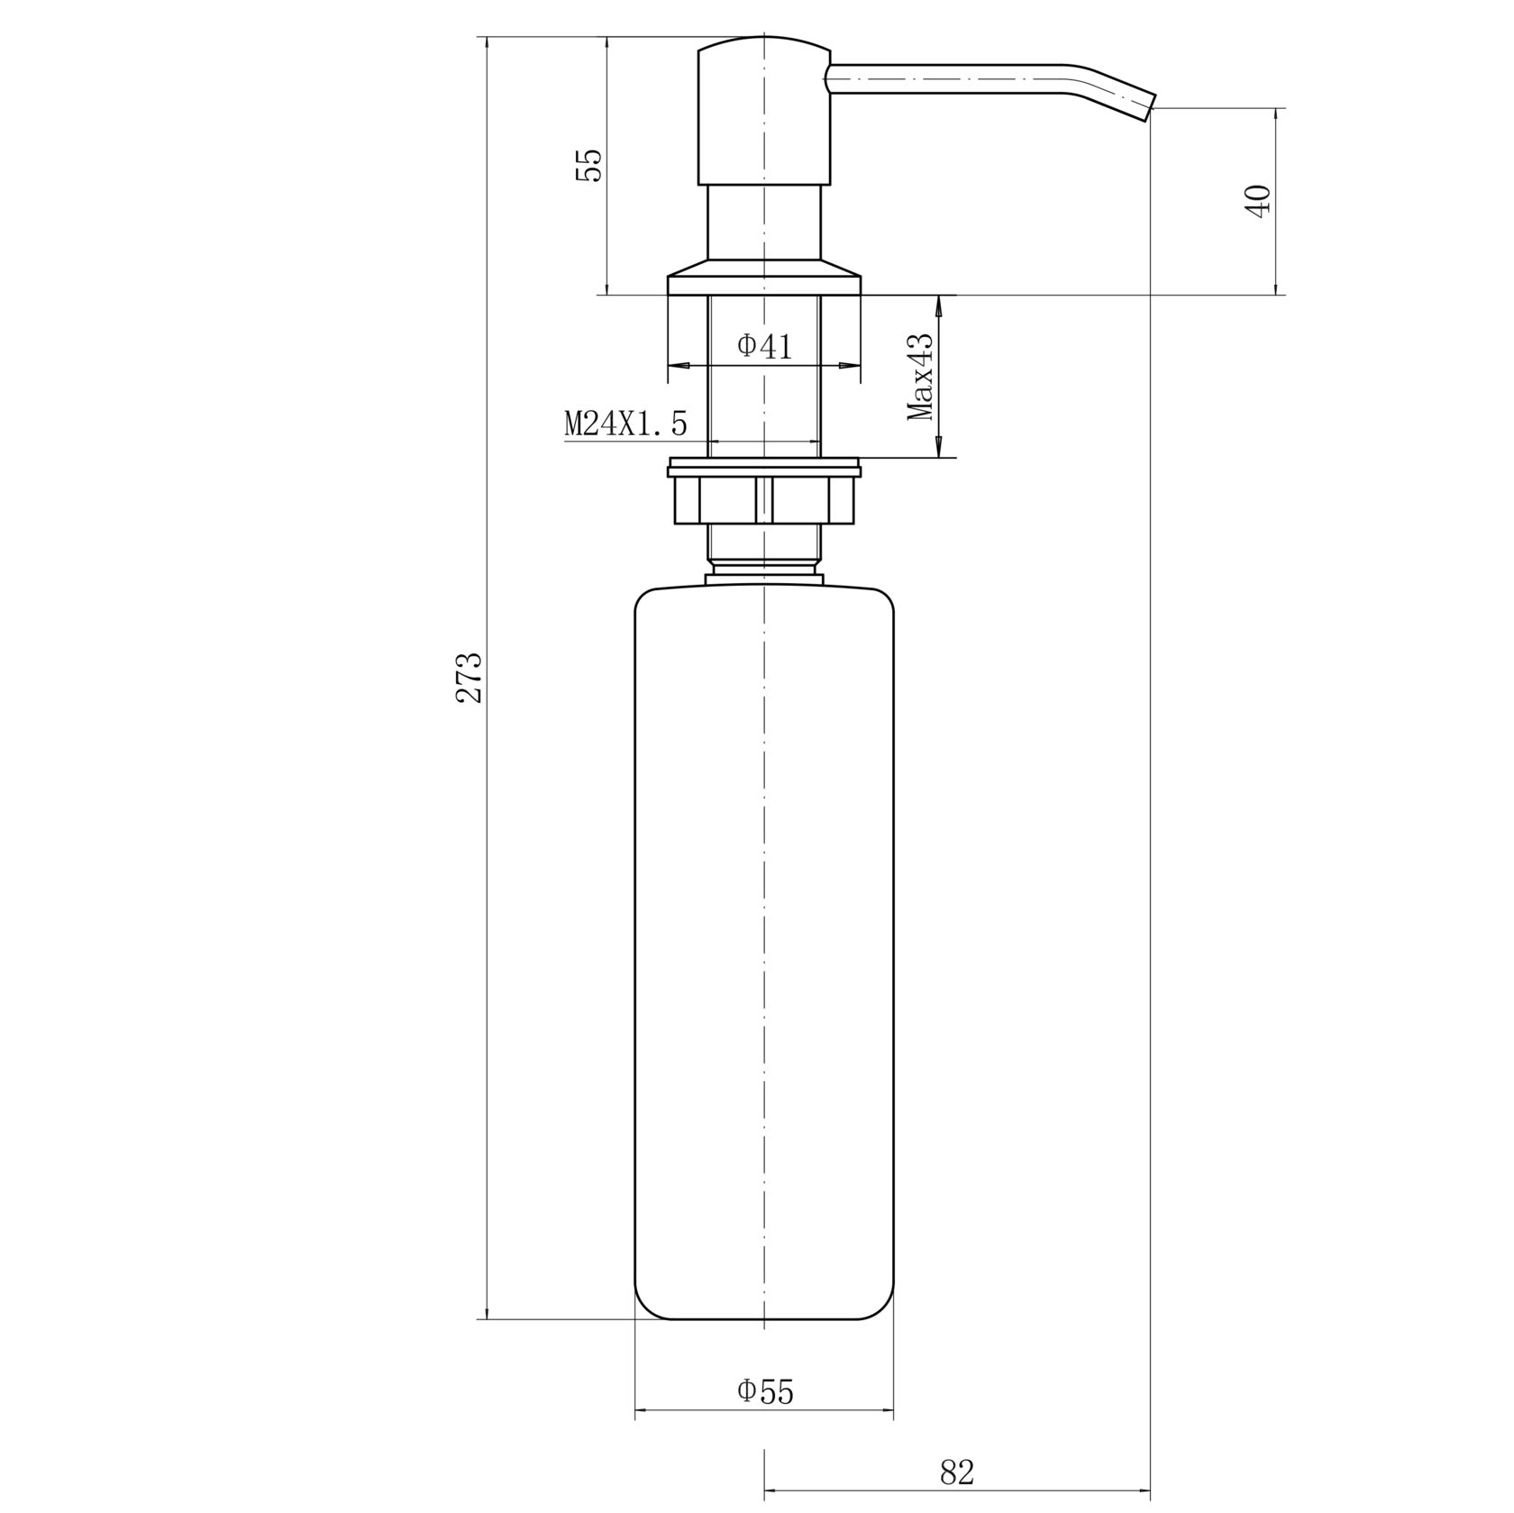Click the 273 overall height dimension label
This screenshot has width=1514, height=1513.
click(x=470, y=677)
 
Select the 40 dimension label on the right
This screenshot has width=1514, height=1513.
click(x=1257, y=200)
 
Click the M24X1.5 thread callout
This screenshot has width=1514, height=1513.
click(x=625, y=423)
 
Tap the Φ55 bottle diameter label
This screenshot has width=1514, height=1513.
click(x=765, y=1391)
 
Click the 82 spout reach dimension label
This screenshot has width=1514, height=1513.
click(x=957, y=1473)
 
